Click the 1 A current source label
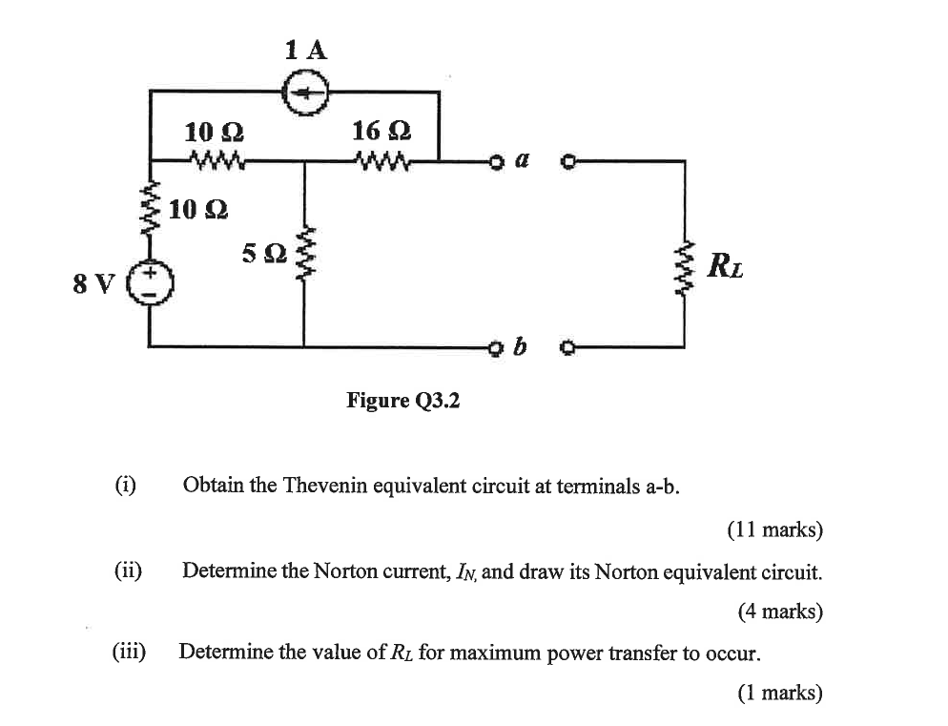tap(305, 50)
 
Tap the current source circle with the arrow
tap(306, 93)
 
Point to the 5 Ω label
tap(262, 253)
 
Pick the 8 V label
tap(93, 283)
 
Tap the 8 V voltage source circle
tap(152, 281)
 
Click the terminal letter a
tap(522, 162)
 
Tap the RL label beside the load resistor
tap(726, 264)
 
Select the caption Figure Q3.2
tap(402, 401)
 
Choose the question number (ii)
tap(128, 570)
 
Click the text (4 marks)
tap(779, 612)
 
